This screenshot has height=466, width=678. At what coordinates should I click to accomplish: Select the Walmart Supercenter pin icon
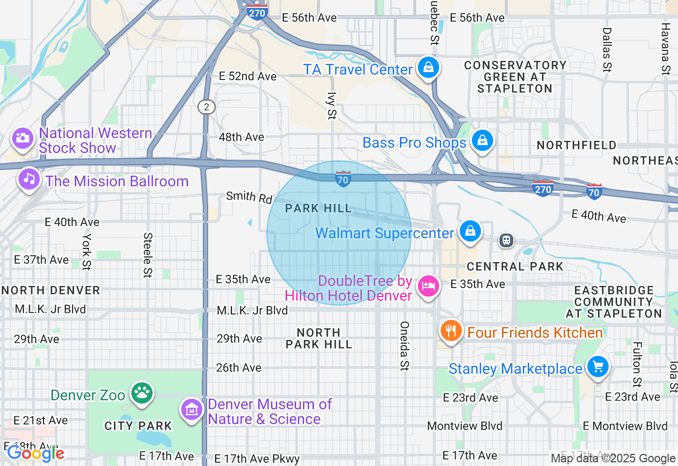click(x=470, y=231)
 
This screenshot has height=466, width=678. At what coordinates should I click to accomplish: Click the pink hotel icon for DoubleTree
click(x=428, y=286)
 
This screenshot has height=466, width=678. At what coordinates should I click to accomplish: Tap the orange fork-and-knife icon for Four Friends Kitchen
click(x=451, y=331)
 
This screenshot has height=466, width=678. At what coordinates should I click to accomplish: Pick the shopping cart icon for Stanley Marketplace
click(x=598, y=366)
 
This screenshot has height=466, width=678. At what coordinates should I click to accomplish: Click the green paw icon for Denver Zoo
click(x=141, y=393)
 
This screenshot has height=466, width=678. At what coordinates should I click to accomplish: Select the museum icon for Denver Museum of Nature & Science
click(x=192, y=410)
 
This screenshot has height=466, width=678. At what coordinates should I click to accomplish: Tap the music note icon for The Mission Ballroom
click(x=29, y=180)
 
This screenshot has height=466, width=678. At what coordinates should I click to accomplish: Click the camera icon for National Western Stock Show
click(x=22, y=139)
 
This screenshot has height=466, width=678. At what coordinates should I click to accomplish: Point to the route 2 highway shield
click(x=207, y=107)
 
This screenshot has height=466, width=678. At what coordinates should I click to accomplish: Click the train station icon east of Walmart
click(x=506, y=240)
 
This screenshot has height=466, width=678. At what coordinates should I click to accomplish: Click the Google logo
click(x=35, y=453)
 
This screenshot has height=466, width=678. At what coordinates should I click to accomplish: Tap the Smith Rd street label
click(x=249, y=198)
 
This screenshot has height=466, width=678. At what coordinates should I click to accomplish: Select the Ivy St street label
click(x=332, y=105)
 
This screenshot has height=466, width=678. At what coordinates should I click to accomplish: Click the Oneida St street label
click(x=405, y=345)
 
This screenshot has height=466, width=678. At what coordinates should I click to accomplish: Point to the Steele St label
click(x=148, y=255)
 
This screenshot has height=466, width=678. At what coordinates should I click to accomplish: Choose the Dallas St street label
click(x=607, y=50)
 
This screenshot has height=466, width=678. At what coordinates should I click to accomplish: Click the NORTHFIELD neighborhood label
click(x=576, y=145)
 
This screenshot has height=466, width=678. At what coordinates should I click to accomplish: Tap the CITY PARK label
click(x=138, y=426)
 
